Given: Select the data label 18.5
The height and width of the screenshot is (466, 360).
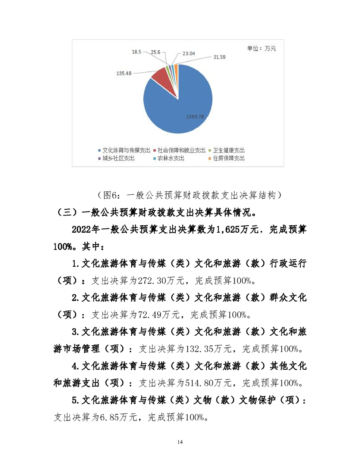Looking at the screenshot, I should [x=136, y=52].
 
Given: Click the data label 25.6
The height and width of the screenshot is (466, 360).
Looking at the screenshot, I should [x=155, y=52].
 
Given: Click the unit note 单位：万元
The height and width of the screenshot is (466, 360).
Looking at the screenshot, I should [x=261, y=49].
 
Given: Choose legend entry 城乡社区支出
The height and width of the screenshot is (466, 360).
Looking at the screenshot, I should [x=118, y=158].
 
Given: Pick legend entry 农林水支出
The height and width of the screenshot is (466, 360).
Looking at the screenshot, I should [x=171, y=158].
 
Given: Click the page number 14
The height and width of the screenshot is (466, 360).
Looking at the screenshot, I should [x=180, y=442].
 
